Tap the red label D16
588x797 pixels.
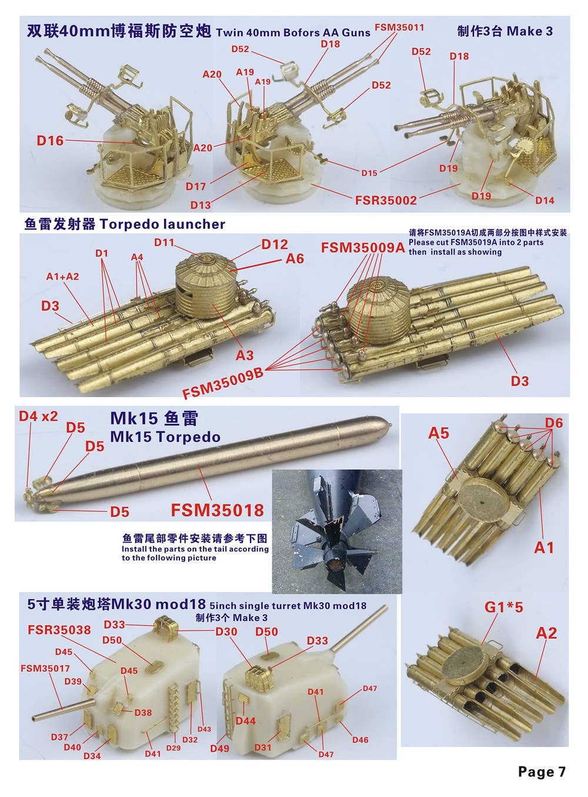pyautogui.click(x=50, y=140)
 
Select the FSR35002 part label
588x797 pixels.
pyautogui.click(x=386, y=200)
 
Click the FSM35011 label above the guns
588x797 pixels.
pyautogui.click(x=400, y=27)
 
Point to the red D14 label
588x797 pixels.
pyautogui.click(x=545, y=200)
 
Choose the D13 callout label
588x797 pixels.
pyautogui.click(x=201, y=205)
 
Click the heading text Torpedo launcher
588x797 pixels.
pyautogui.click(x=162, y=224)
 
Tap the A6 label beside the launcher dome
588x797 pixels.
pyautogui.click(x=295, y=258)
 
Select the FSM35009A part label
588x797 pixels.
pyautogui.click(x=363, y=247)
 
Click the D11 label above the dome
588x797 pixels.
pyautogui.click(x=164, y=243)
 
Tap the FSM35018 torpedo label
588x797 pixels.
pyautogui.click(x=217, y=510)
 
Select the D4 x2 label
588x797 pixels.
pyautogui.click(x=38, y=416)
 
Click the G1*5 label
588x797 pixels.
pyautogui.click(x=503, y=607)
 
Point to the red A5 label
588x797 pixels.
pyautogui.click(x=439, y=433)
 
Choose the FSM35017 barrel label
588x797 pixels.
pyautogui.click(x=45, y=668)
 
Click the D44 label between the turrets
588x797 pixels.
pyautogui.click(x=245, y=721)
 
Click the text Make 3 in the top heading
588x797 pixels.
pyautogui.click(x=530, y=31)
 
